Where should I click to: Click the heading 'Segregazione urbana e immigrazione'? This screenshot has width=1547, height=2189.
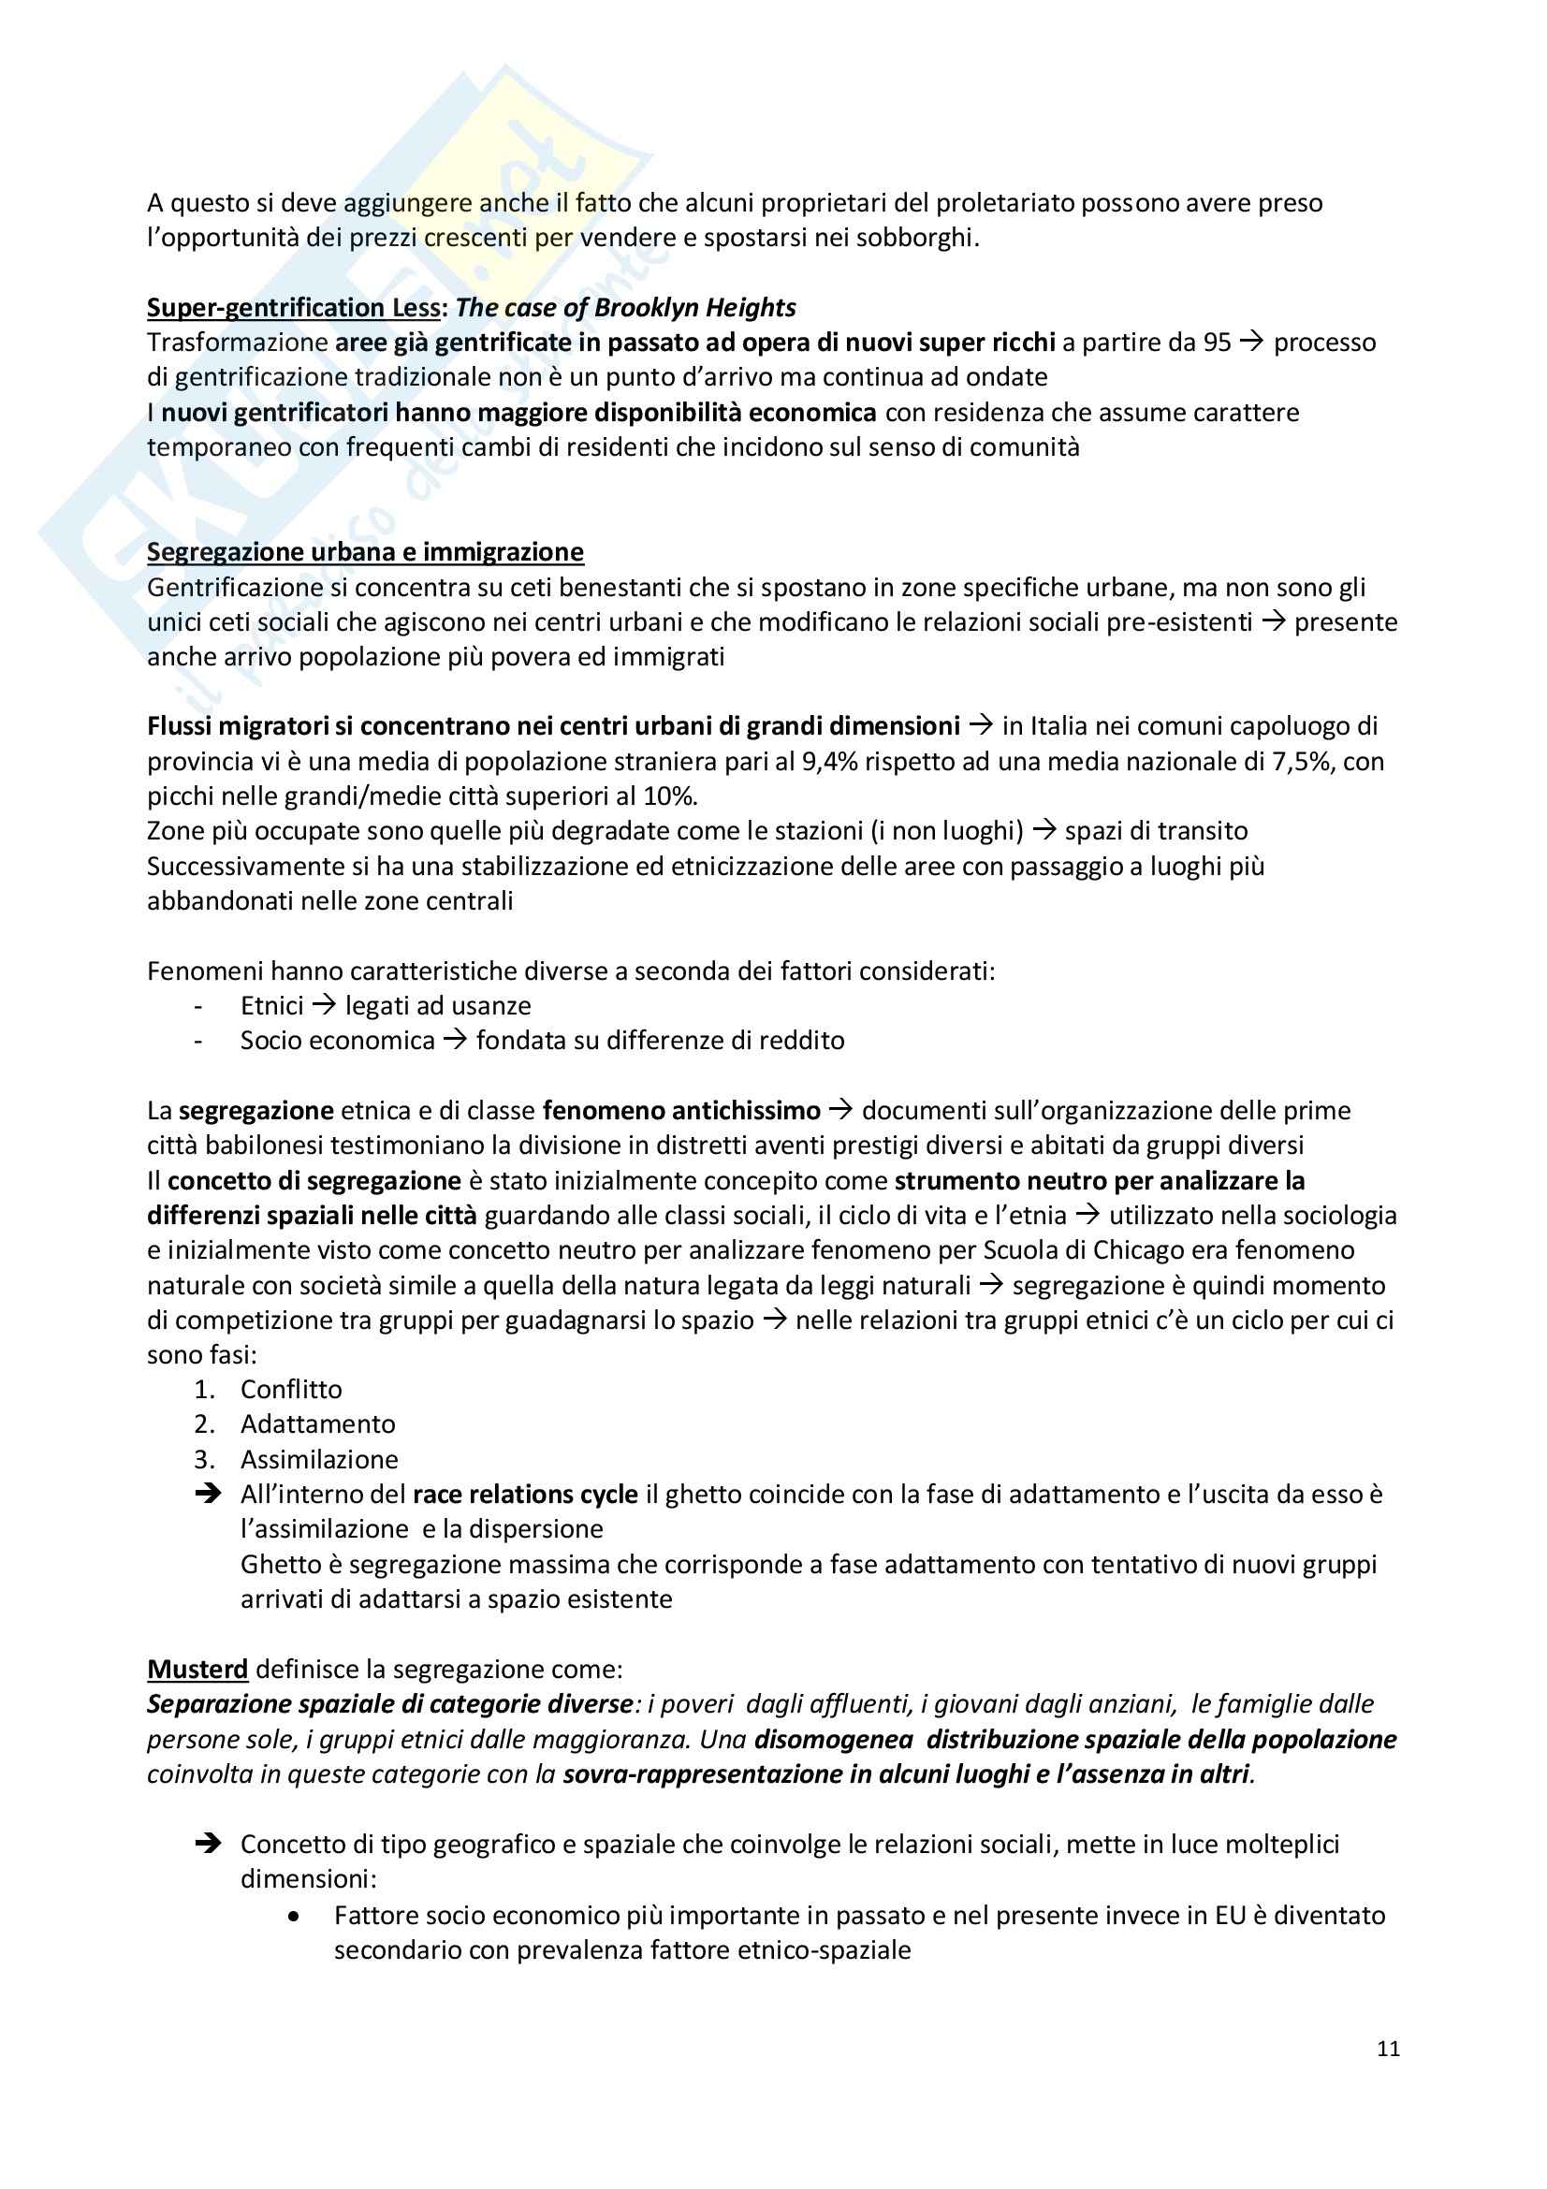365,552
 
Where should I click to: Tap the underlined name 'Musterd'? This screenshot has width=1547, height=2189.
197,1670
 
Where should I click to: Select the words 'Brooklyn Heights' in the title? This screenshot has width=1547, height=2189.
694,308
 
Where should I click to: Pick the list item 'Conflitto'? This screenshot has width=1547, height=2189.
291,1389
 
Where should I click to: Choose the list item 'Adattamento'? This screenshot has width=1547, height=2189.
317,1424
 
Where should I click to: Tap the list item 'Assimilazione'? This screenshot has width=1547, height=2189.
319,1460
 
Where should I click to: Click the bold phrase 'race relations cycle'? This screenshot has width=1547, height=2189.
525,1494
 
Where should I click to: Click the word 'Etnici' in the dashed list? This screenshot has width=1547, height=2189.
271,1006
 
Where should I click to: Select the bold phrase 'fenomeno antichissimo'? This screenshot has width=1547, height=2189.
681,1111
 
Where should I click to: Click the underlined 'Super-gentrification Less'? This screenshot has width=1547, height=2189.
294,308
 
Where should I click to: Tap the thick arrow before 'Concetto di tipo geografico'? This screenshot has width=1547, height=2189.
207,1845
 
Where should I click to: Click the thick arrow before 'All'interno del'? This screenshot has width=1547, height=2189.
207,1494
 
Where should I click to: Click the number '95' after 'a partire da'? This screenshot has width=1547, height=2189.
1218,343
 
